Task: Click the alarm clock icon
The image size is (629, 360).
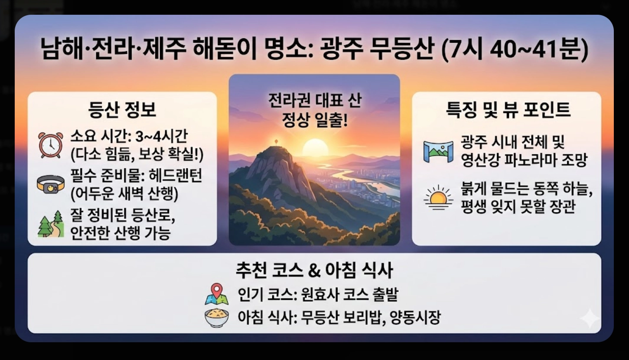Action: click(x=51, y=145)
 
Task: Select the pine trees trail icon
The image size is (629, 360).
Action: click(x=51, y=224)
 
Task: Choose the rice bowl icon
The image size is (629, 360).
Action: click(x=216, y=317)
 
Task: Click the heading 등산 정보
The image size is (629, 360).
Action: click(x=122, y=110)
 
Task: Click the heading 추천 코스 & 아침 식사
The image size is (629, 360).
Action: click(x=314, y=270)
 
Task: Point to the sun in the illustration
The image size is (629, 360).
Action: click(x=315, y=148)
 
